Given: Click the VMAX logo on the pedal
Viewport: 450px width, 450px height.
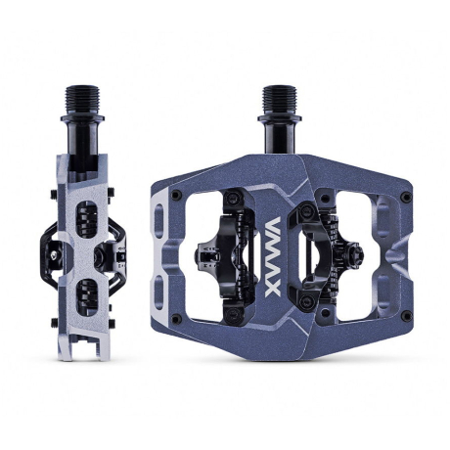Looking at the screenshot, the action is tap(273, 257).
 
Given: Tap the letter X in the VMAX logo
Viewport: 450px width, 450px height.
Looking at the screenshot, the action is tap(273, 290).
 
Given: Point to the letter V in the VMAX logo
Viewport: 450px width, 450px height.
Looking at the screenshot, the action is tap(273, 225).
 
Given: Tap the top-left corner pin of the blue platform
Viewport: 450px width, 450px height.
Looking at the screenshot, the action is tap(176, 195).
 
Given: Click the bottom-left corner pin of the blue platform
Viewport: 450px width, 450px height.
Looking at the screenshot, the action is tap(176, 318).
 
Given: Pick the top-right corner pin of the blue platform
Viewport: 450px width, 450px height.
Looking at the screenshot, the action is tap(406, 196).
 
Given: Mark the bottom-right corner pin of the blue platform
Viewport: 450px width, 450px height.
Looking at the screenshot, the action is tap(406, 316).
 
